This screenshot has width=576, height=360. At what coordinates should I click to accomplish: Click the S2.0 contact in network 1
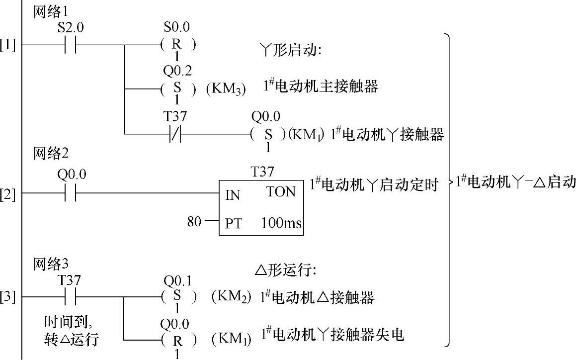click(x=71, y=45)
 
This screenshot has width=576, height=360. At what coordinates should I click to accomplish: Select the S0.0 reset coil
click(x=177, y=45)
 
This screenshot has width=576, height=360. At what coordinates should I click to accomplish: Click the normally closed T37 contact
click(x=175, y=134)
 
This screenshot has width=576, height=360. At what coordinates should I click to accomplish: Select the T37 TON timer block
click(x=261, y=208)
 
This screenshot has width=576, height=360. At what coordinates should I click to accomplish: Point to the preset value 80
click(x=194, y=221)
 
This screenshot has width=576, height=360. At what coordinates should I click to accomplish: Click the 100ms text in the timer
click(x=281, y=224)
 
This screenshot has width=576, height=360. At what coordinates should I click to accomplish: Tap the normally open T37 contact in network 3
click(x=71, y=297)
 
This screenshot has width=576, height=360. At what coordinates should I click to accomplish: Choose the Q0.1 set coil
click(x=177, y=297)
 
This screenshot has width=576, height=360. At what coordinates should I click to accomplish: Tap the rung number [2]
click(x=8, y=193)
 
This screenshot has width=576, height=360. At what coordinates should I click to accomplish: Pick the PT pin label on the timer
click(x=233, y=224)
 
